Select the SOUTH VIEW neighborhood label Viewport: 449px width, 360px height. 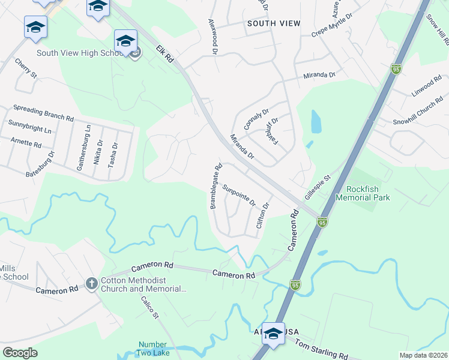point(273,23)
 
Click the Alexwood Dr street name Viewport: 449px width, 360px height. point(212,35)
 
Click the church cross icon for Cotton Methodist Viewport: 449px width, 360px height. point(91,282)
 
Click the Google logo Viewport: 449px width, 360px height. point(20,353)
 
